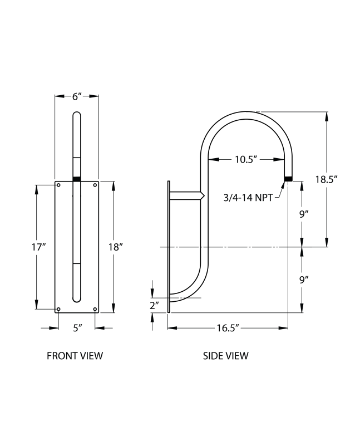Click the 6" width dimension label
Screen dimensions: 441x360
[77, 96]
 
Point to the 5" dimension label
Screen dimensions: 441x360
[77, 328]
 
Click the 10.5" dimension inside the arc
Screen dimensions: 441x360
[245, 159]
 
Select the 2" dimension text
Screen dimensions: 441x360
[154, 305]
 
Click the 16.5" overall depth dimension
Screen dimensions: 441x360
[227, 328]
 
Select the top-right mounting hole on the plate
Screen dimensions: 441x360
[95, 185]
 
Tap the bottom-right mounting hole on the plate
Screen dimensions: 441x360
[95, 309]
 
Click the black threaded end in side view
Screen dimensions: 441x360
[288, 179]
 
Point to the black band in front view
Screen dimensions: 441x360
[77, 179]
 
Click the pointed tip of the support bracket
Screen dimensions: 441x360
[204, 196]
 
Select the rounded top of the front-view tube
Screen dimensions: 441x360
[77, 115]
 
